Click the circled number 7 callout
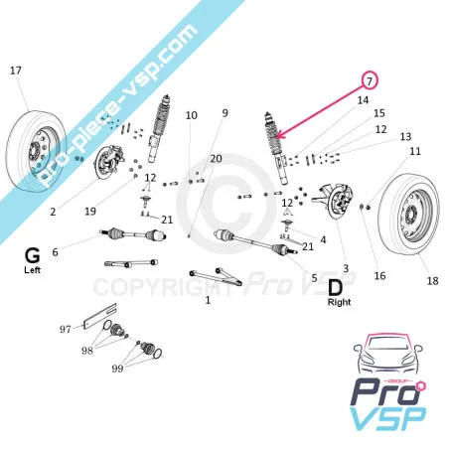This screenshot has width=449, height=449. (370, 80)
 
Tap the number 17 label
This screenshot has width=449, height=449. (16, 71)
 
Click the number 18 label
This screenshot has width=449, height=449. (432, 281)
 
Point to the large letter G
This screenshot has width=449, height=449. (32, 255)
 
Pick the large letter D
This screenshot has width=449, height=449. (335, 288)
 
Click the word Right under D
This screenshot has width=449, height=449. (339, 302)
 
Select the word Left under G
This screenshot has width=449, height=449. (32, 270)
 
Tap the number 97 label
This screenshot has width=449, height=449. (66, 329)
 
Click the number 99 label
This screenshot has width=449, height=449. (117, 369)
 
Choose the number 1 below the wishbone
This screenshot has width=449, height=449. (208, 300)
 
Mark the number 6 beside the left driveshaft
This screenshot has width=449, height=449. (55, 252)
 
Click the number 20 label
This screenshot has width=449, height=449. (216, 159)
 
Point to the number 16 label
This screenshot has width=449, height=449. (379, 275)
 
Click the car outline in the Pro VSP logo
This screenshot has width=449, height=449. (387, 355)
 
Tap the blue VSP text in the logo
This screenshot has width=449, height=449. (388, 418)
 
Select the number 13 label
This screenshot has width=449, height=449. (405, 136)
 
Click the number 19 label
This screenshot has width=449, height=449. (90, 211)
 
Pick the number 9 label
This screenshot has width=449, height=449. (224, 113)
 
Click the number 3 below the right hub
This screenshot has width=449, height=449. (346, 268)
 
